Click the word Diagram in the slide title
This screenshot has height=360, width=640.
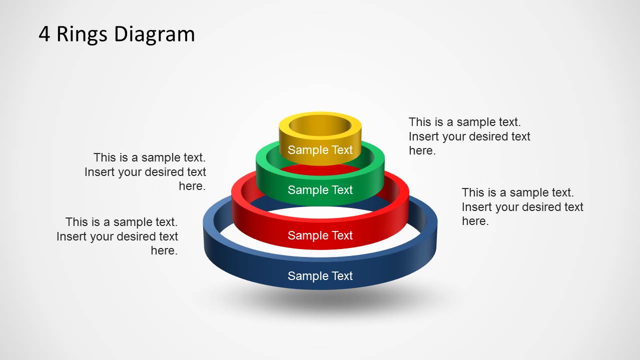point(154,34)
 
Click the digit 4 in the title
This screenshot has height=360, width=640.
point(45,34)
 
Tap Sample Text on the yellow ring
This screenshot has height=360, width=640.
point(320,150)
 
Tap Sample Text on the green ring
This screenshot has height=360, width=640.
point(320,190)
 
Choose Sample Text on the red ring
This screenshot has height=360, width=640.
point(320,235)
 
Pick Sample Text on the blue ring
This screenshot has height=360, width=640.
point(320,276)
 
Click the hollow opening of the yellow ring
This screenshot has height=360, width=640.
point(320,125)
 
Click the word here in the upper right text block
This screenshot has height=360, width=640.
point(422,151)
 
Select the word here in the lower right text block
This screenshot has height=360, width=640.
point(475,221)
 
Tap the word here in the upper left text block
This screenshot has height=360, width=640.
point(192,186)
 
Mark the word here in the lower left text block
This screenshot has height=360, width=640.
point(164,250)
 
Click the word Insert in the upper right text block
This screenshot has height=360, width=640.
point(423,136)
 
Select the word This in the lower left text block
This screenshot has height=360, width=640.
point(77,222)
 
